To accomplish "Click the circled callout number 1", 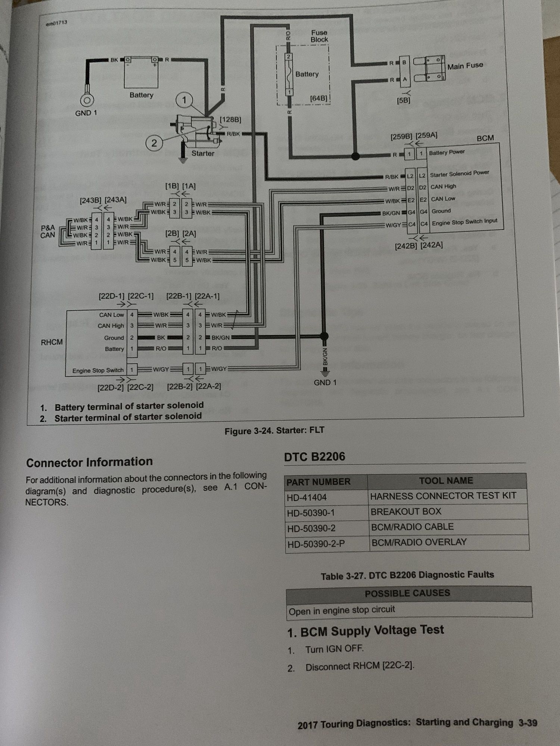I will pyautogui.click(x=184, y=100).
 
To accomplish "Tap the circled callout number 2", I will pyautogui.click(x=154, y=143).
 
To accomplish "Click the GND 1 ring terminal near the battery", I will pyautogui.click(x=87, y=100).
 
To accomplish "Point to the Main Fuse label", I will pyautogui.click(x=465, y=66).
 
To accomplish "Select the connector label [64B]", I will pyautogui.click(x=318, y=98).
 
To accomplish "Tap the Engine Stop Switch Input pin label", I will pyautogui.click(x=464, y=222).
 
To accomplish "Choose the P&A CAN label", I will pyautogui.click(x=47, y=231).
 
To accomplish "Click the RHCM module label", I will pyautogui.click(x=52, y=342).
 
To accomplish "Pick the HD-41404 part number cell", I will pyautogui.click(x=307, y=497).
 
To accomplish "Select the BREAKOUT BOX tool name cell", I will pyautogui.click(x=406, y=511).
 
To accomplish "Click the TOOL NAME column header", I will pyautogui.click(x=446, y=481).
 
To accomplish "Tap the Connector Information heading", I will pyautogui.click(x=89, y=462).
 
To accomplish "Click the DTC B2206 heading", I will pyautogui.click(x=314, y=457).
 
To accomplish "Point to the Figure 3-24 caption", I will pyautogui.click(x=274, y=431).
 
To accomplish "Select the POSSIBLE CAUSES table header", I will pyautogui.click(x=407, y=593).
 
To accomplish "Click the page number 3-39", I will pyautogui.click(x=528, y=723).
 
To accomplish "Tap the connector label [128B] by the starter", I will pyautogui.click(x=230, y=120).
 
